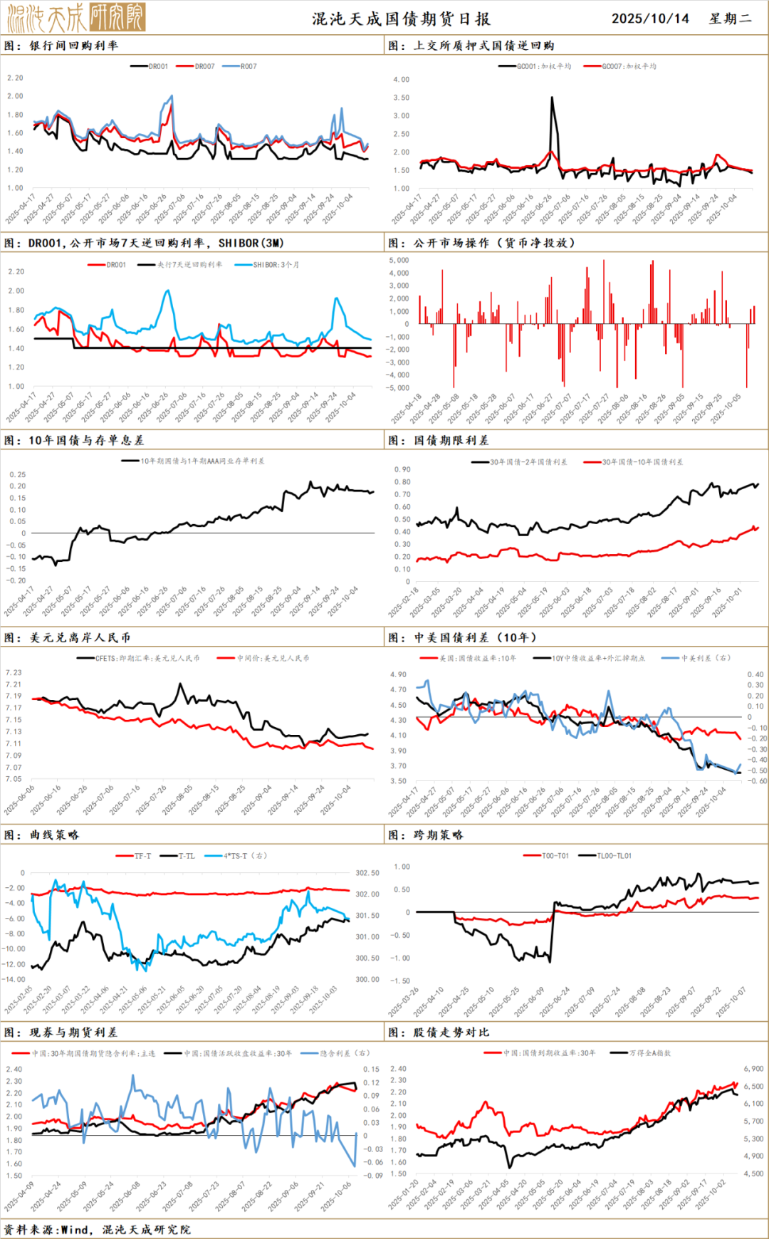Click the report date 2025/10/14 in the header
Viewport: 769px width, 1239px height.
point(650,19)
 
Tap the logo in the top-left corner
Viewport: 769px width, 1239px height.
point(75,17)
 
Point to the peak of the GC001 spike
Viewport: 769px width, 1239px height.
point(552,98)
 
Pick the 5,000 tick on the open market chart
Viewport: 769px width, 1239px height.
point(399,261)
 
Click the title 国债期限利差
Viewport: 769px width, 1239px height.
point(451,441)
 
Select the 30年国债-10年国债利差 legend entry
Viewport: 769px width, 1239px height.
point(634,462)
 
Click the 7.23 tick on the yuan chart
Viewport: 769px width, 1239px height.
point(14,672)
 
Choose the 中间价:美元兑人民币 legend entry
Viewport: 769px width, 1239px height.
point(264,659)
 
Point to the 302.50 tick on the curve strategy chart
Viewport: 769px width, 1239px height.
point(367,873)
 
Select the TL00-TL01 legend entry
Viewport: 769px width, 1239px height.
point(605,856)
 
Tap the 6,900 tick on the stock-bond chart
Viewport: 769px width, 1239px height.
point(753,1069)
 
